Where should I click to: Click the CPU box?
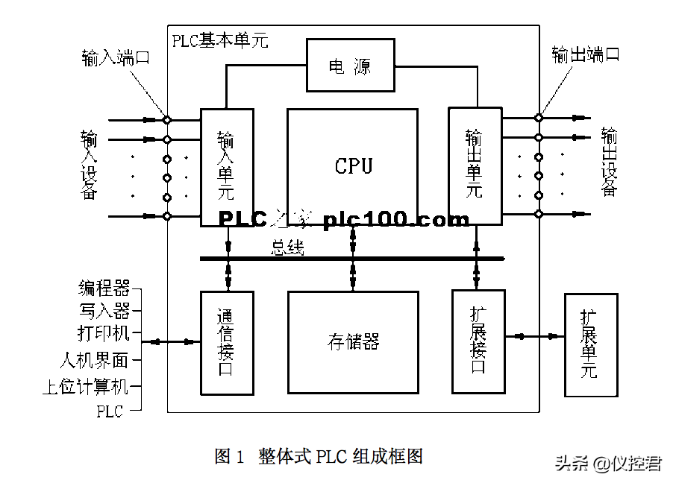[x=352, y=165]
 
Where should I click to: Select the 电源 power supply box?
[x=350, y=66]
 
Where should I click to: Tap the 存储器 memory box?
[x=353, y=341]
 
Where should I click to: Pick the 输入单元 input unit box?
[x=226, y=166]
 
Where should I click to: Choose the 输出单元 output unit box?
[x=474, y=165]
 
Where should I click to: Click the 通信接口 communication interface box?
[x=226, y=342]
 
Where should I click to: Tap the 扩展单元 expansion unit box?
[x=592, y=345]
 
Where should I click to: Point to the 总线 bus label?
[x=287, y=248]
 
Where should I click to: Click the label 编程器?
[x=104, y=288]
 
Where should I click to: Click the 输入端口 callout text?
[x=116, y=57]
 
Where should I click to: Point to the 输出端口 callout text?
[x=586, y=54]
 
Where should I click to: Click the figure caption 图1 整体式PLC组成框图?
[x=319, y=456]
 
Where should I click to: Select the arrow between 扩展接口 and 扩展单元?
[x=534, y=337]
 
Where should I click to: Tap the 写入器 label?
[x=104, y=309]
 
